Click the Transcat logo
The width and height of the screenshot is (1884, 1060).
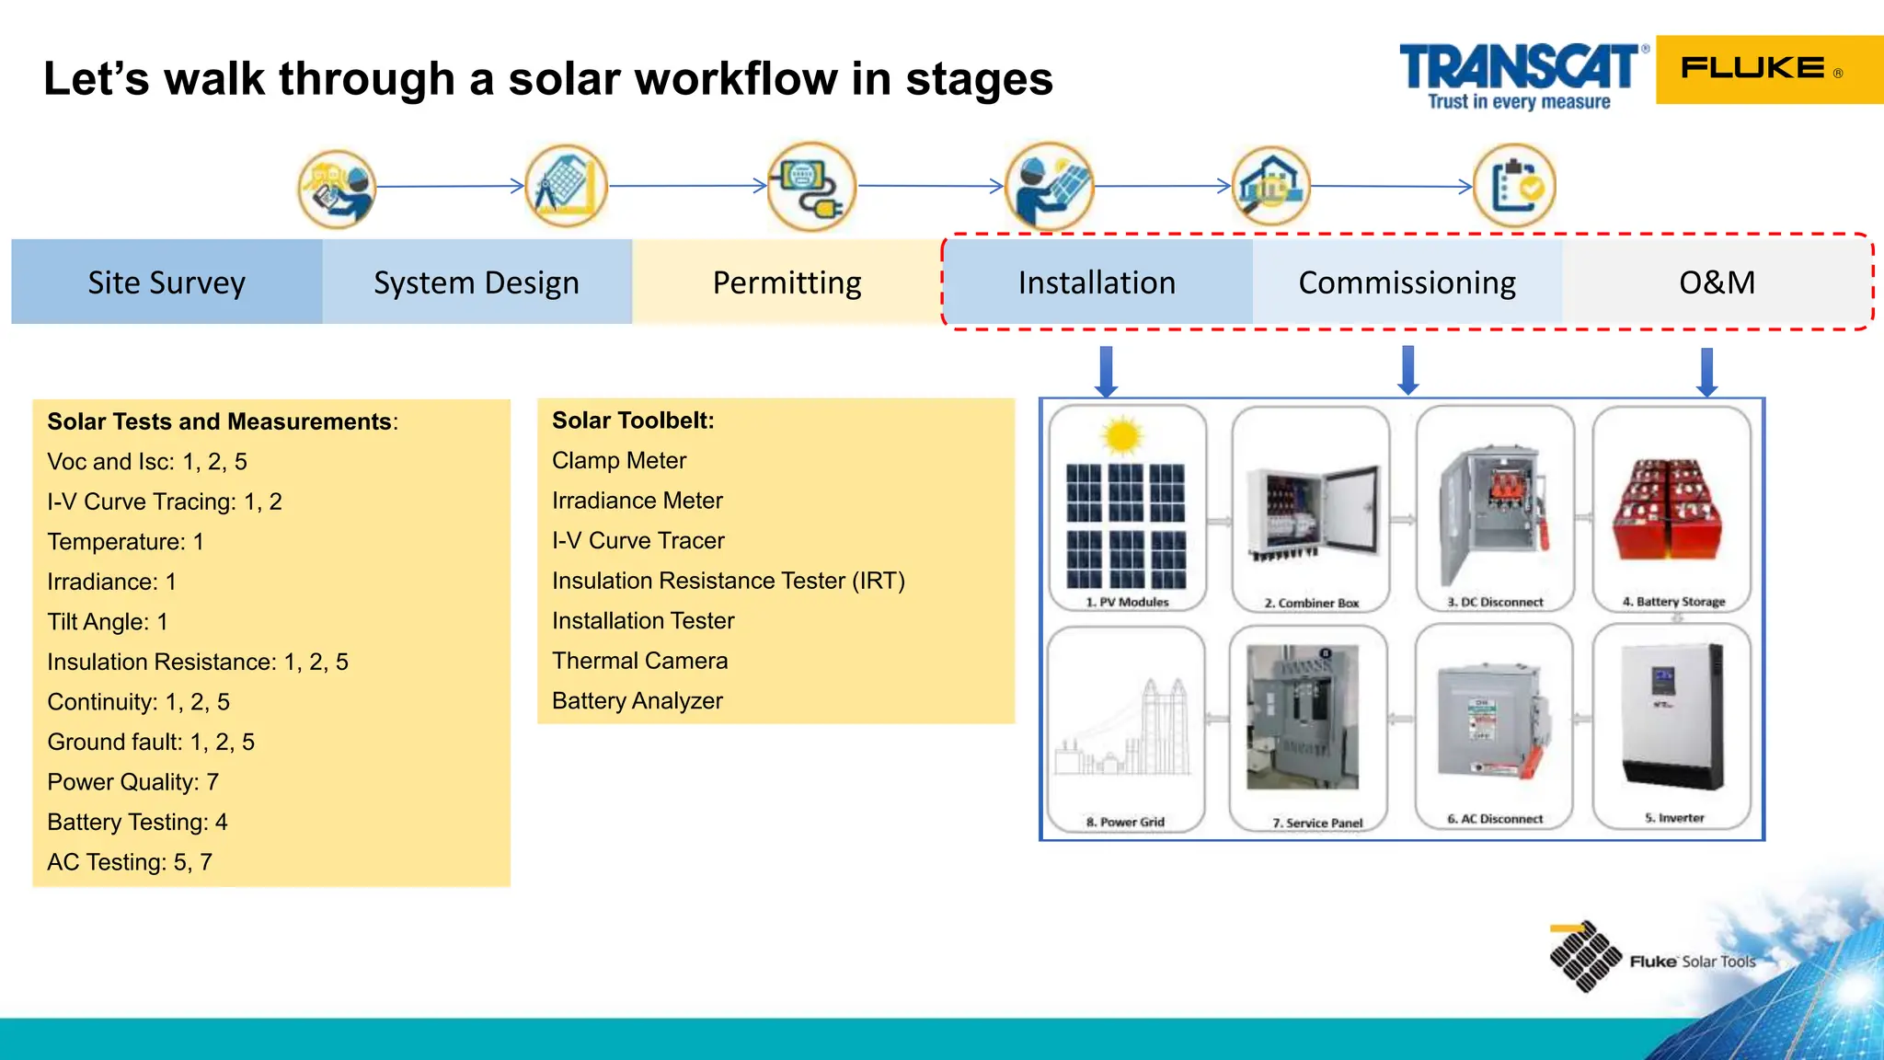(1520, 75)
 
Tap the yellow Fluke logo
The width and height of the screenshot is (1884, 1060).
(1768, 69)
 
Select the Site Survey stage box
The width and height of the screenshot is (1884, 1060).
(167, 282)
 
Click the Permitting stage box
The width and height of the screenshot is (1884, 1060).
(787, 282)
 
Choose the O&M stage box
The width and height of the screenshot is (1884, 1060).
(1717, 282)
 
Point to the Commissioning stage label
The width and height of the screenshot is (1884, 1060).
(1407, 282)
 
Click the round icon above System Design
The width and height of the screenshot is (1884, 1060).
(566, 187)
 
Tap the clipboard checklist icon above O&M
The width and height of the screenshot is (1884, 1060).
(1514, 186)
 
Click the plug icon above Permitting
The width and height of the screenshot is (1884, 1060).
(810, 187)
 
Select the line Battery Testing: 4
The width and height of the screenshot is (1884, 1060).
(137, 822)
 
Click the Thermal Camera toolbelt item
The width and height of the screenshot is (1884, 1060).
(639, 661)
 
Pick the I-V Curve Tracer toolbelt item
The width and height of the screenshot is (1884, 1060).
(638, 540)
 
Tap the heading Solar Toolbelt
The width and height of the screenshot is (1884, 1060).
(633, 421)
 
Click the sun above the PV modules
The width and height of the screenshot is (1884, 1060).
(1121, 435)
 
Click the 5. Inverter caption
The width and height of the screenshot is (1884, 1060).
(1674, 817)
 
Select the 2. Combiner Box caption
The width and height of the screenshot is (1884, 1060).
(1311, 603)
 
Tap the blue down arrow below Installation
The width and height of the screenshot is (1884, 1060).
(1106, 371)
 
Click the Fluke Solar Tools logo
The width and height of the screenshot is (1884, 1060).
(1651, 959)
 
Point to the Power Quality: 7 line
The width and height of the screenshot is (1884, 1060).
(132, 782)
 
